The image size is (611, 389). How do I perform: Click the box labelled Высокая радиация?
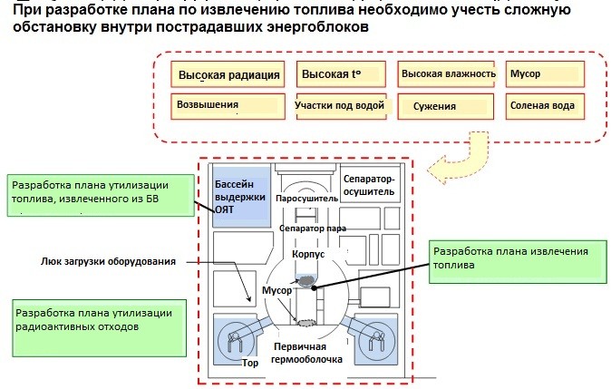coord(228,74)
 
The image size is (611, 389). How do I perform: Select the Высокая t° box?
coord(341,73)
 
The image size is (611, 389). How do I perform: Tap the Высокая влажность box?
coord(446,73)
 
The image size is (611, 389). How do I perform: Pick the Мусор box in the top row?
coord(545,73)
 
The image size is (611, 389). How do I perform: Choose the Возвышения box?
coord(228,106)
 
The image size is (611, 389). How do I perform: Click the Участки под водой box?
coord(342,106)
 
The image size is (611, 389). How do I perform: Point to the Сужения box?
coord(446,106)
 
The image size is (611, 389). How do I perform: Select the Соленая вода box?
coord(545,106)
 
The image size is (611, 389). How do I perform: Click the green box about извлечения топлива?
coord(518,261)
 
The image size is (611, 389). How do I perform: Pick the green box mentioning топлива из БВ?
coord(101,195)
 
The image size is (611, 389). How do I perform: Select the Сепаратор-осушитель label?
coord(369,185)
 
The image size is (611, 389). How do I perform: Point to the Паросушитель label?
coord(306,199)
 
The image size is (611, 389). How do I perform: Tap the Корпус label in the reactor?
coord(308,254)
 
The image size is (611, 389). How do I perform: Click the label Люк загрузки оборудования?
coord(108,261)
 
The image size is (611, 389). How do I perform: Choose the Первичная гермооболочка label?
coord(306,353)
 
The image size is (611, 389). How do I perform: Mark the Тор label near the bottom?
coord(250,363)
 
